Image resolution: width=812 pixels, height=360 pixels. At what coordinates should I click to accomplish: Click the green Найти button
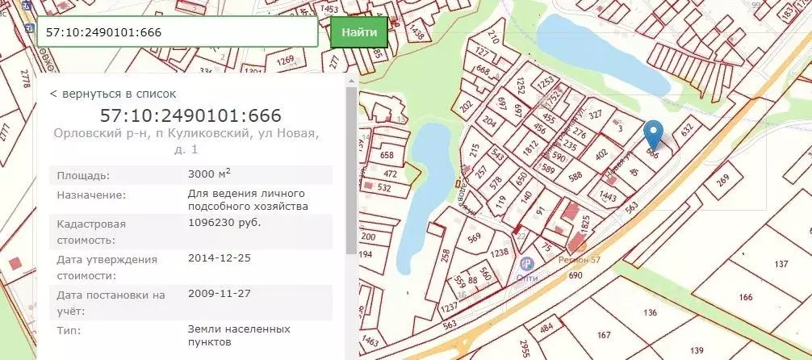click(358, 32)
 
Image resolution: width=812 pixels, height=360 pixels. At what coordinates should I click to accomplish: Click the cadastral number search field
click(178, 33)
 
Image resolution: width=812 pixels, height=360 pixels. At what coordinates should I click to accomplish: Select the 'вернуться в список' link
click(113, 94)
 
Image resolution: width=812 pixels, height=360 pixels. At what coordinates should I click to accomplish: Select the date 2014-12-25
click(219, 259)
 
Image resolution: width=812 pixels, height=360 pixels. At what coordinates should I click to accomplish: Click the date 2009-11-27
click(219, 294)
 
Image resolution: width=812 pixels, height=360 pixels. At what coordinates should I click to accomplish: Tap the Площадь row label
click(83, 175)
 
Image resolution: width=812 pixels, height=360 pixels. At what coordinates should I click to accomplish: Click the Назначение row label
click(91, 195)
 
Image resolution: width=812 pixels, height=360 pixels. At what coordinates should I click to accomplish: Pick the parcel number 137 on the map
click(781, 265)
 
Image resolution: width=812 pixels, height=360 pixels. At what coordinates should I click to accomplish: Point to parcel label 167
click(603, 334)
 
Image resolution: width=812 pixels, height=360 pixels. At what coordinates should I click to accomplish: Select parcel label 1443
click(608, 197)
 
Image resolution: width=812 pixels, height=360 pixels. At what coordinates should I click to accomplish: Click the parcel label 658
click(387, 155)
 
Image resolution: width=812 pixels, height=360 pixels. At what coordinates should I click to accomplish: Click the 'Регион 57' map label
click(580, 260)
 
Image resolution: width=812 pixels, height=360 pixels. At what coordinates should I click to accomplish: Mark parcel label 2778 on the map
click(26, 78)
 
